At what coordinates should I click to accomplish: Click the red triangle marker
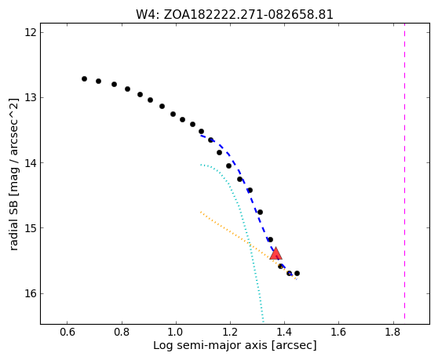pyautogui.click(x=276, y=253)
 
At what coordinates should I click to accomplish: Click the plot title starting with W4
pyautogui.click(x=235, y=14)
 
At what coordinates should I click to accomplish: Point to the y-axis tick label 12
pyautogui.click(x=31, y=32)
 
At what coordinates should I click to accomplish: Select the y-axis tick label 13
pyautogui.click(x=31, y=98)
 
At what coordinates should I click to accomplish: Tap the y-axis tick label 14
pyautogui.click(x=31, y=162)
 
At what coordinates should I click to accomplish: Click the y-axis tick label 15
pyautogui.click(x=31, y=228)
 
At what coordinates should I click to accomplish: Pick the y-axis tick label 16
pyautogui.click(x=31, y=293)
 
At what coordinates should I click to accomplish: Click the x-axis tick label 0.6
pyautogui.click(x=68, y=333)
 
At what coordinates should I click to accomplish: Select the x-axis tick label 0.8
pyautogui.click(x=122, y=333)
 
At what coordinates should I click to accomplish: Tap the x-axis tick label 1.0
pyautogui.click(x=176, y=333)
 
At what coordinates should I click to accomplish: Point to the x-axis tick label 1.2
pyautogui.click(x=230, y=333)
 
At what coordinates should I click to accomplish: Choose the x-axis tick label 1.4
pyautogui.click(x=284, y=333)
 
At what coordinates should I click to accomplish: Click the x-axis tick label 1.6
pyautogui.click(x=338, y=333)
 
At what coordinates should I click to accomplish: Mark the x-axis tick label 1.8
pyautogui.click(x=393, y=333)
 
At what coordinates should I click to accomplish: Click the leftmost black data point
pyautogui.click(x=84, y=78)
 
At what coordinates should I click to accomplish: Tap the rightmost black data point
pyautogui.click(x=297, y=273)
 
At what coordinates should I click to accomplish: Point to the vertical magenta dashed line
pyautogui.click(x=404, y=174)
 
